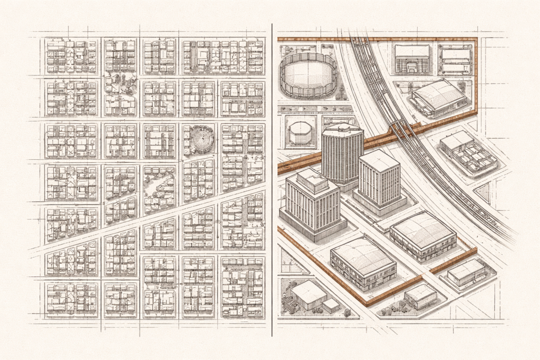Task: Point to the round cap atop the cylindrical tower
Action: [342, 127]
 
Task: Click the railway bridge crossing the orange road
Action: [401, 128]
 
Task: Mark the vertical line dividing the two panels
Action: [272, 179]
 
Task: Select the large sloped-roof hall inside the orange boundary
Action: [439, 98]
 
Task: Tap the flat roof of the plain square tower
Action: [379, 160]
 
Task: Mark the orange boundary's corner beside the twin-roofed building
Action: [476, 40]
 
